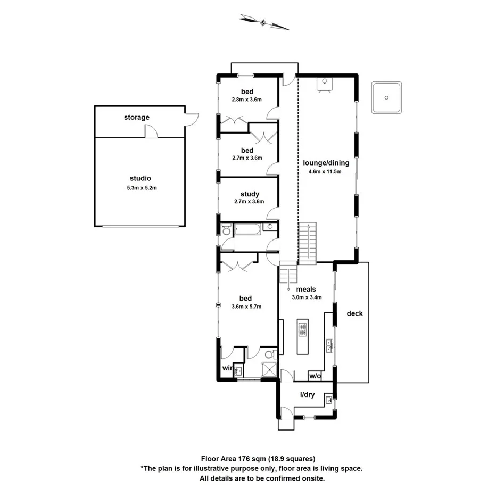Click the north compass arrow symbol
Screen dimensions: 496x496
point(264,22)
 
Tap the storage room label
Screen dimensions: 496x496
point(137,117)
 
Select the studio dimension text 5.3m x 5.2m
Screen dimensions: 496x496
point(140,187)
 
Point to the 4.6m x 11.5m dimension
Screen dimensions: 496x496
point(325,172)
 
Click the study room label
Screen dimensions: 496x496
point(250,194)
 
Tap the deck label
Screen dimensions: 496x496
point(354,313)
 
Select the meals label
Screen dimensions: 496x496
point(306,290)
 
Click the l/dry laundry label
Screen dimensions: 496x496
point(307,394)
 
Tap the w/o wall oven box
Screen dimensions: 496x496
point(315,376)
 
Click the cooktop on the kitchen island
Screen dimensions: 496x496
point(303,329)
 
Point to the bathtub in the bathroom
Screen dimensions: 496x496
point(248,230)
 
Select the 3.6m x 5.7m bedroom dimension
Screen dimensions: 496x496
point(246,307)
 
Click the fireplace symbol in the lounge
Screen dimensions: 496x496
point(325,84)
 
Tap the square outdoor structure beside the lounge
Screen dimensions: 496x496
point(386,97)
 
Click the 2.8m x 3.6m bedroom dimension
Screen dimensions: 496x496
point(246,100)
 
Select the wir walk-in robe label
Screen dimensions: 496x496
point(227,367)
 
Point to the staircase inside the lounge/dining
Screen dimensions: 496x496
point(307,243)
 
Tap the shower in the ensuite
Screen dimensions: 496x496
point(269,370)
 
